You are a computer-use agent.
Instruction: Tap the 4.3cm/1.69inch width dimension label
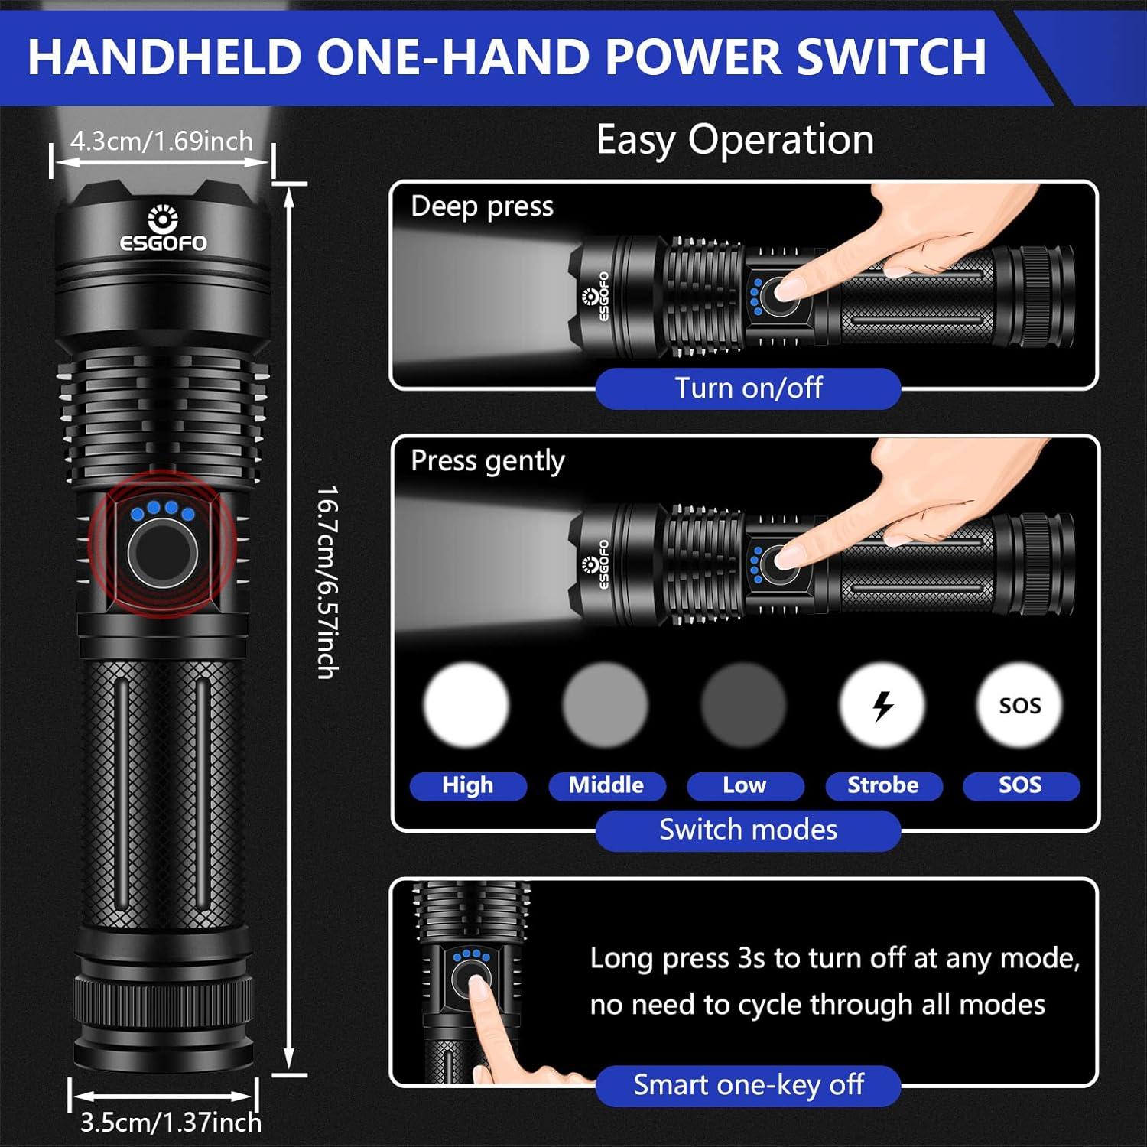point(161,141)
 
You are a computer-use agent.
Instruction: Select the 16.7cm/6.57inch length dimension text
point(327,581)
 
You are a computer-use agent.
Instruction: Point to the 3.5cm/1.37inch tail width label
point(171,1122)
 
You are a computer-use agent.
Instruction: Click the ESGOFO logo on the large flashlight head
point(163,229)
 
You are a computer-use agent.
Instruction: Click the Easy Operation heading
point(734,140)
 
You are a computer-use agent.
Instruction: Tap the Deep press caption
point(482,206)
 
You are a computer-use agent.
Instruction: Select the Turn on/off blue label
point(748,388)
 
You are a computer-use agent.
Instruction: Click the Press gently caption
point(487,460)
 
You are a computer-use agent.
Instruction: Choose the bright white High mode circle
point(466,705)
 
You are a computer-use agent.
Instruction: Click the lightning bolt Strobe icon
point(882,705)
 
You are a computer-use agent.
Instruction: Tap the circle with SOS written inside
point(1020,705)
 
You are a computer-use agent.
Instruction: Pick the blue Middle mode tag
point(606,785)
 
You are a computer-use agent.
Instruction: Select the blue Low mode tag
point(745,785)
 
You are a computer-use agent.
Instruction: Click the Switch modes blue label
point(748,830)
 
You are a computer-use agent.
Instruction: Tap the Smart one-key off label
point(748,1084)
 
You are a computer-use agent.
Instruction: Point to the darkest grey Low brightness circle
point(743,705)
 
